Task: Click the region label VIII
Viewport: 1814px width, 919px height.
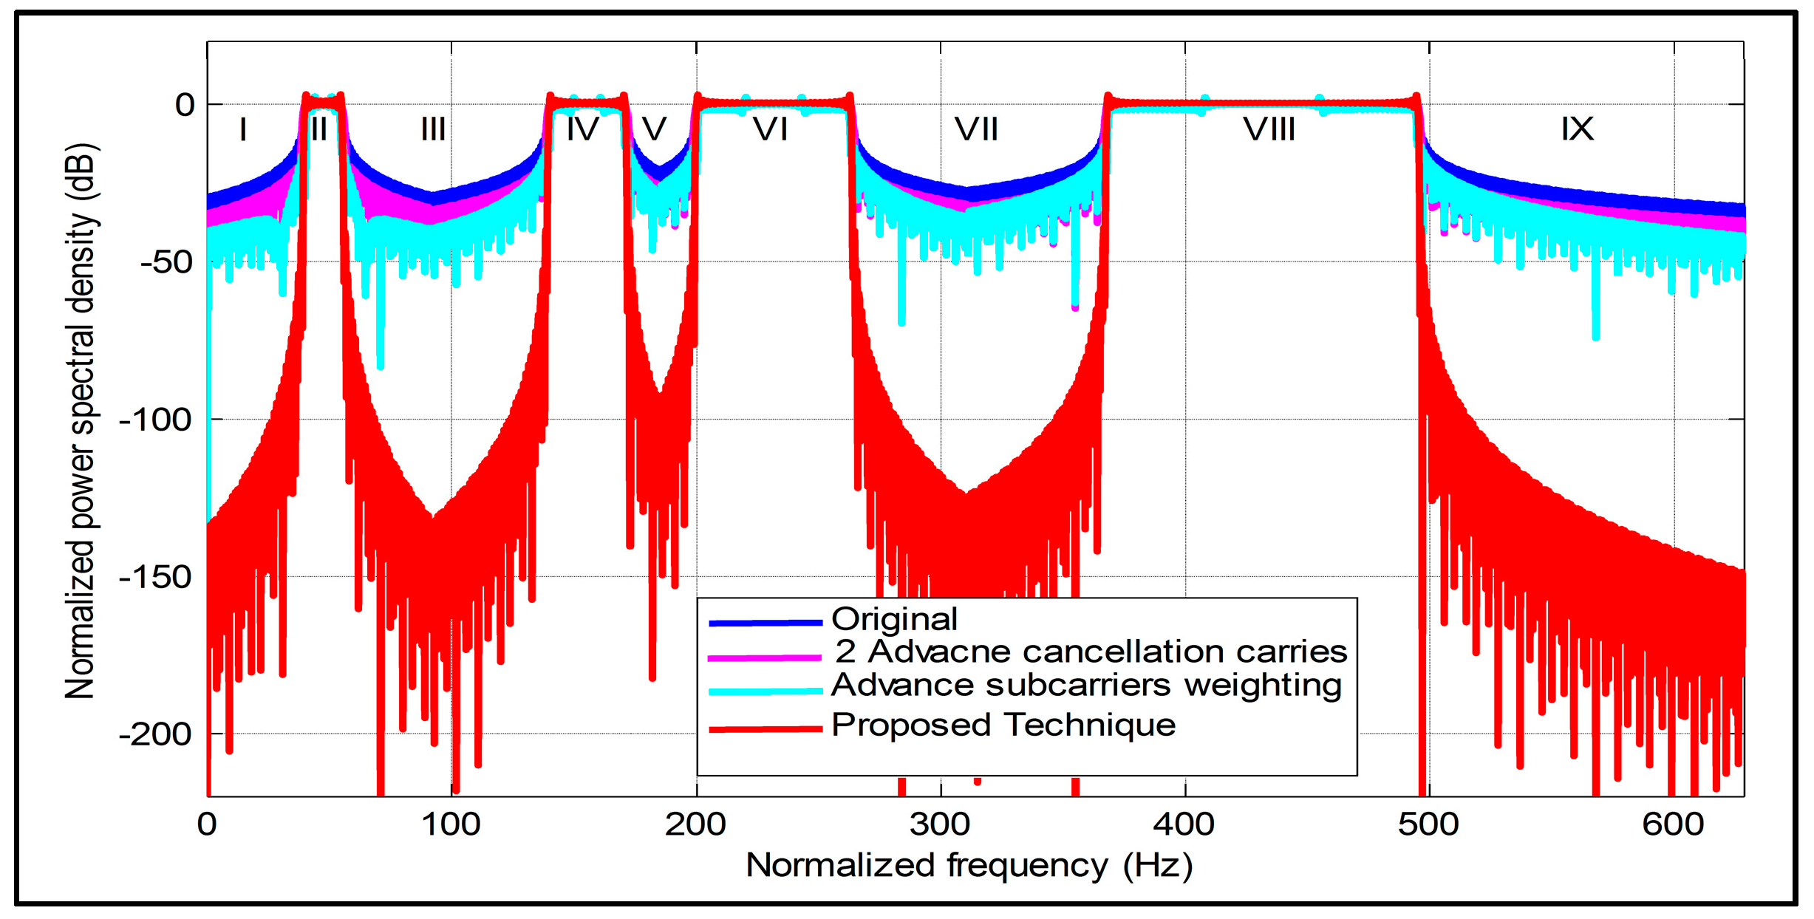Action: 1269,130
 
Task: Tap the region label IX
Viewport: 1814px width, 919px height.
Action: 1577,130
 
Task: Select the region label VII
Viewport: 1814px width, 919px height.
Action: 975,130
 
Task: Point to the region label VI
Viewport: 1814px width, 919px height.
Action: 770,130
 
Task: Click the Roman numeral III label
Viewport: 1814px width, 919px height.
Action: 433,130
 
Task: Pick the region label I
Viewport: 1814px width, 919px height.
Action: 243,130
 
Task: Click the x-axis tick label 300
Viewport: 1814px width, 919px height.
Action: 940,824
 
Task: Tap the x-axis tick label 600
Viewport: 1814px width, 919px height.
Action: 1673,824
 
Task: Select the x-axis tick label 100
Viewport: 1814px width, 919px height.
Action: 451,824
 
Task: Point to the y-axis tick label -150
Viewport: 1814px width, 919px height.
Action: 155,578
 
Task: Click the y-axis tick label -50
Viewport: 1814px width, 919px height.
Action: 166,262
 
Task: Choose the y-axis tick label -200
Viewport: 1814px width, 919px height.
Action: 155,735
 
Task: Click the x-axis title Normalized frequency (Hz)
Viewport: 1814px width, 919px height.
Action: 969,866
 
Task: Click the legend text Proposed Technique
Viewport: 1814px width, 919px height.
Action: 1003,725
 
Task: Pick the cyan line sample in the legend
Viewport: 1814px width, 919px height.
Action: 766,691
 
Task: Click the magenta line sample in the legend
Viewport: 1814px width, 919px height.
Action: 766,657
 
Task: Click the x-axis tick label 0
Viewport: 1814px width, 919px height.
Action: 207,824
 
